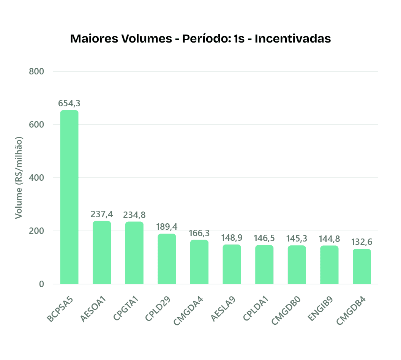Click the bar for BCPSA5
(x=69, y=197)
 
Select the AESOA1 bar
(x=102, y=253)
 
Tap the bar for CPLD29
(x=167, y=259)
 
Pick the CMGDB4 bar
(x=362, y=266)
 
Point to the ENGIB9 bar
(x=329, y=265)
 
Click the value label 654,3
(x=69, y=103)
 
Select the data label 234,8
(x=134, y=215)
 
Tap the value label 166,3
(x=199, y=233)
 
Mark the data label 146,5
(x=264, y=238)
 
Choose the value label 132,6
(x=362, y=242)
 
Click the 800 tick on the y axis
(x=37, y=71)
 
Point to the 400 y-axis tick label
(x=37, y=178)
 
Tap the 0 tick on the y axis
(x=41, y=284)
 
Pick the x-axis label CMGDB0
(x=289, y=311)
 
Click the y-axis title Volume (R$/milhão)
(x=19, y=177)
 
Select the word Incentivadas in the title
(x=293, y=39)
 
